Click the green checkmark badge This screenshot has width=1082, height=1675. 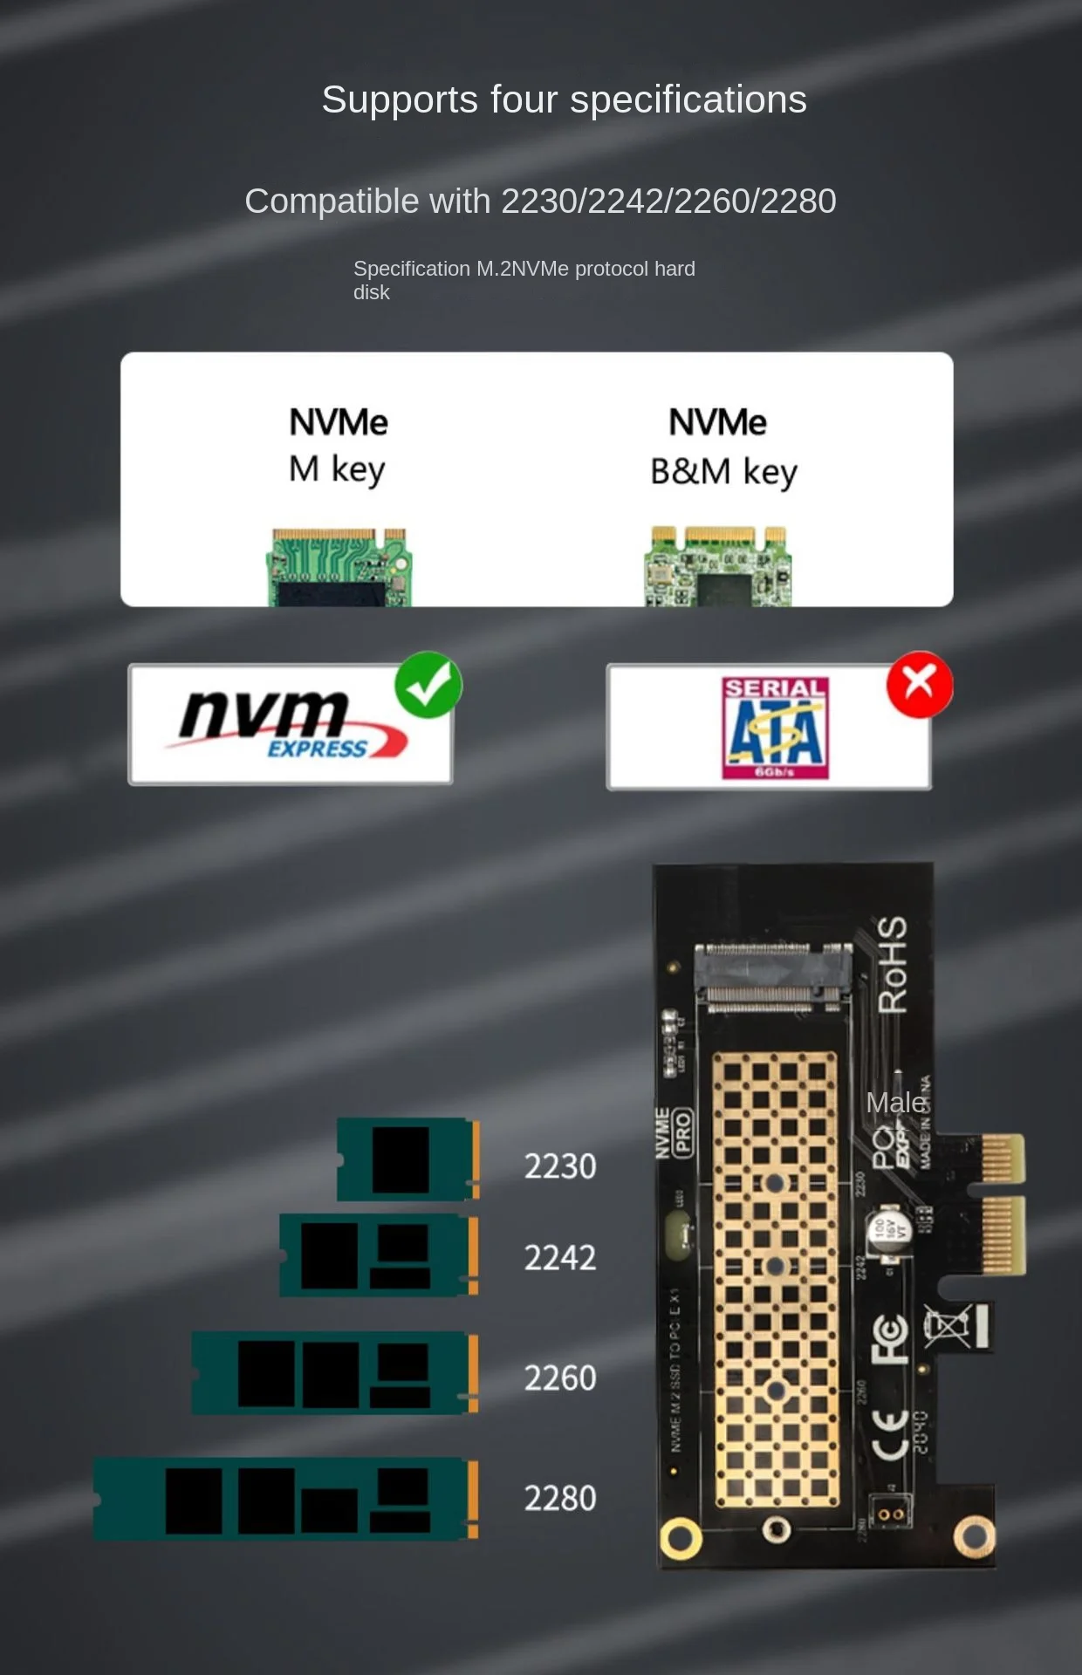click(x=428, y=685)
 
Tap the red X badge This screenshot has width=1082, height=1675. click(x=919, y=685)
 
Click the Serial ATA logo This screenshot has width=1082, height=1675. click(x=774, y=728)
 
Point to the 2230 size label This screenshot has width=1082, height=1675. click(x=560, y=1166)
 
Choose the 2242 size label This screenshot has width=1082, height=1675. click(x=560, y=1258)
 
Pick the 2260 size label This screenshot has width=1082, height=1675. click(x=560, y=1378)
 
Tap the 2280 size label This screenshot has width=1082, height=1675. click(x=560, y=1499)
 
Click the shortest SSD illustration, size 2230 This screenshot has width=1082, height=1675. click(x=407, y=1159)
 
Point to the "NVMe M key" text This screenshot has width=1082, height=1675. click(x=338, y=445)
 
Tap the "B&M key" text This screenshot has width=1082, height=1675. click(x=723, y=472)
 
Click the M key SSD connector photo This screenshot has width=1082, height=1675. click(x=339, y=567)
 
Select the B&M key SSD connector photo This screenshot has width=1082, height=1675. click(x=718, y=567)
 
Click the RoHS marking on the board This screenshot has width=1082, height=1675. click(x=892, y=965)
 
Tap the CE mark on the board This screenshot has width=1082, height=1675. click(x=890, y=1433)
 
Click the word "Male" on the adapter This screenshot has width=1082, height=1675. click(x=895, y=1103)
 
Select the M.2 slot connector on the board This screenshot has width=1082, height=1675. click(x=772, y=977)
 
